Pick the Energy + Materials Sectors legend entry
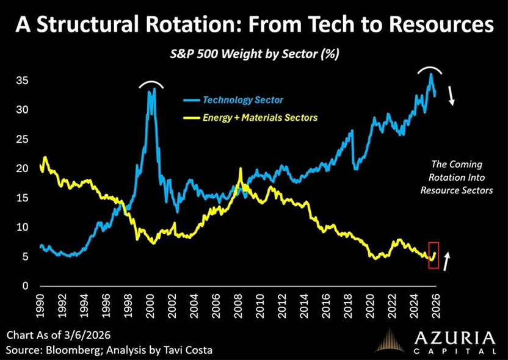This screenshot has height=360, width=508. click(x=260, y=117)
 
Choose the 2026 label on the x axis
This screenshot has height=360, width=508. click(x=437, y=306)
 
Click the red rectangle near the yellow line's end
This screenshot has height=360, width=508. click(x=434, y=255)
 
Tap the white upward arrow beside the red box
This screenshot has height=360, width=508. click(x=447, y=261)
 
